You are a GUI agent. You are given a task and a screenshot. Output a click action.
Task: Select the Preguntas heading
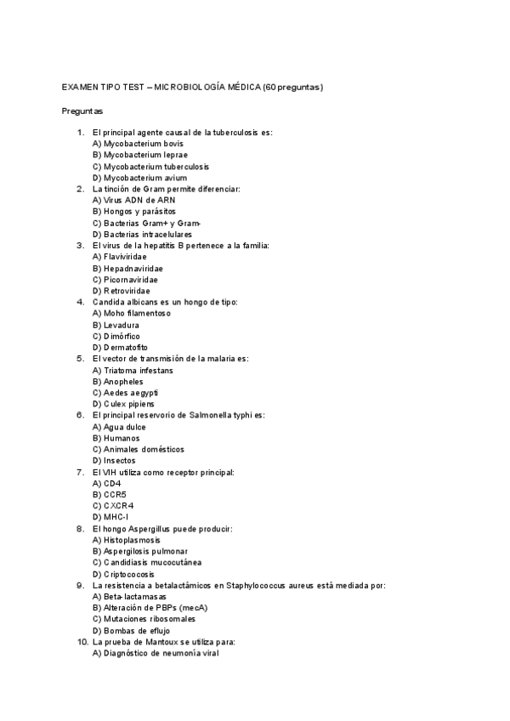click(82, 111)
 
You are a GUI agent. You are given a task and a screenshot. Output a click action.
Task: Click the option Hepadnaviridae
click(127, 268)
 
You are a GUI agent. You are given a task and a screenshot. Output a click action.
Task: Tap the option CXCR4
click(113, 506)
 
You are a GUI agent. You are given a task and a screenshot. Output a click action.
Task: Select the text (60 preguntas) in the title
click(293, 88)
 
